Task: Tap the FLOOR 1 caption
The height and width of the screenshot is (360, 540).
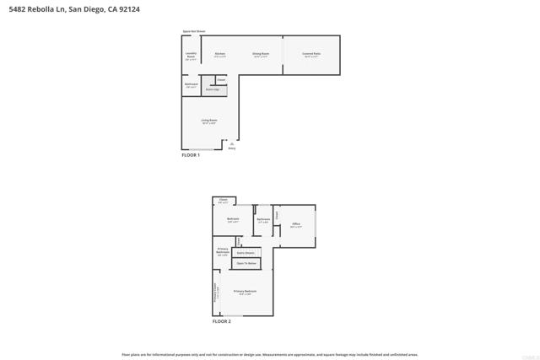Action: click(191, 155)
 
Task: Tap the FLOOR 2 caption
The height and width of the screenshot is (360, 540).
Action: click(221, 321)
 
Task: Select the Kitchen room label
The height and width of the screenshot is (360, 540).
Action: click(219, 54)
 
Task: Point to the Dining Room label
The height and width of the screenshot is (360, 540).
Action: click(261, 54)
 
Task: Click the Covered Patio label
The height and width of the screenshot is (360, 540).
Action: click(310, 54)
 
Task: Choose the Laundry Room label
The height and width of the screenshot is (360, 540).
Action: click(191, 56)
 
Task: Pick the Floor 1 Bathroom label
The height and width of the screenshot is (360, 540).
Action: click(191, 84)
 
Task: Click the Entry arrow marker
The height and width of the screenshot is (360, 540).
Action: click(231, 145)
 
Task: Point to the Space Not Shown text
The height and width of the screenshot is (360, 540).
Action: click(193, 31)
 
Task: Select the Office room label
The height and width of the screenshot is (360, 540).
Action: click(295, 225)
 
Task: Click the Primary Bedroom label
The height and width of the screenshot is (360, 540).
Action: click(245, 292)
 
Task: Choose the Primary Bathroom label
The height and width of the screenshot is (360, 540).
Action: click(223, 251)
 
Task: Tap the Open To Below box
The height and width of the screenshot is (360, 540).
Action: click(246, 263)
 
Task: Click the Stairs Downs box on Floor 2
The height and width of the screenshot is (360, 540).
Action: click(246, 252)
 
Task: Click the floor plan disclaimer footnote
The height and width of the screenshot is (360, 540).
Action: click(270, 354)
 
